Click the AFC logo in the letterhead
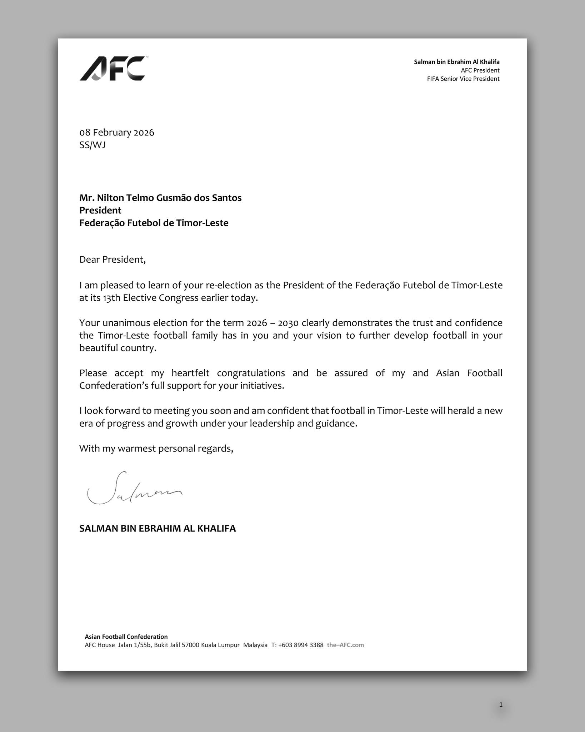[x=112, y=69]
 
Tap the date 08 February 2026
[x=117, y=133]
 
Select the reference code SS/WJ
[x=92, y=145]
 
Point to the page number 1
[x=501, y=704]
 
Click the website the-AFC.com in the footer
[x=345, y=645]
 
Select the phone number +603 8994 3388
[x=301, y=645]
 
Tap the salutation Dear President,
[x=112, y=259]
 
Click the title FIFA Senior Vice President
[x=463, y=79]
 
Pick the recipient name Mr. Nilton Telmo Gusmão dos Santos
[x=160, y=198]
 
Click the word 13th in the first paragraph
[x=111, y=298]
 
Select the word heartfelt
[x=189, y=373]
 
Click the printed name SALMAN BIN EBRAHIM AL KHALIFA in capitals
[x=157, y=529]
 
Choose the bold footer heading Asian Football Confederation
[x=126, y=637]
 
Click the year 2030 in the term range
[x=288, y=323]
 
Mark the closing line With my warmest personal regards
[x=156, y=449]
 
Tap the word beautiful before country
[x=98, y=348]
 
